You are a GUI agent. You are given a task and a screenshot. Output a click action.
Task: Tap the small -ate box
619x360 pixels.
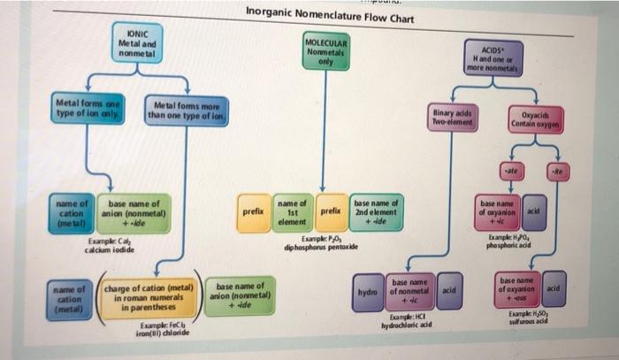point(509,167)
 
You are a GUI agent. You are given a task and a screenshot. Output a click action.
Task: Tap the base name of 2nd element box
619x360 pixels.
point(376,211)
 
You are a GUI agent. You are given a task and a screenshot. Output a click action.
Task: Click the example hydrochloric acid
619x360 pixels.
point(409,326)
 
